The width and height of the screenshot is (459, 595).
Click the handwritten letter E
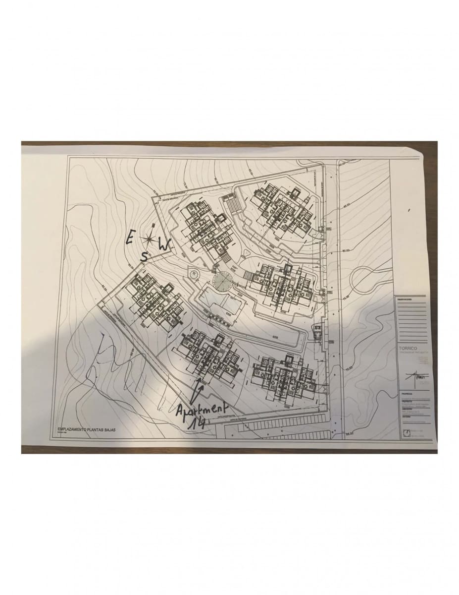click(x=129, y=238)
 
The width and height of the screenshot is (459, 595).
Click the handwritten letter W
click(x=164, y=244)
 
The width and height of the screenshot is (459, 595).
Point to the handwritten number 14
click(x=197, y=423)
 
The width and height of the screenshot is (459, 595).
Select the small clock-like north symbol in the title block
click(x=407, y=432)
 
